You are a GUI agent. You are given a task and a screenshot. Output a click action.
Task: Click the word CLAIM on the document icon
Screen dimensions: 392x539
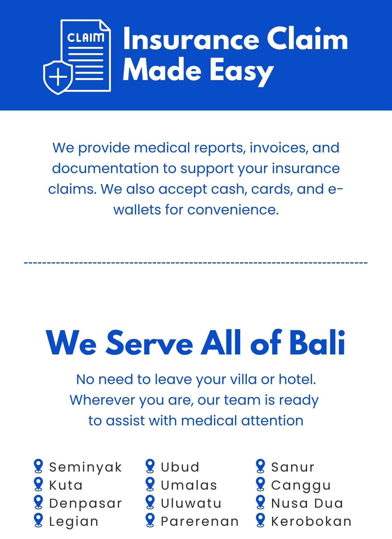tap(85, 38)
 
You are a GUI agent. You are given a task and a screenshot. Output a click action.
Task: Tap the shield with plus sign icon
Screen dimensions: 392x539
tap(58, 77)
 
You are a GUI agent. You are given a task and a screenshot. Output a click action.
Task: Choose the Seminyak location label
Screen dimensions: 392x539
tap(86, 467)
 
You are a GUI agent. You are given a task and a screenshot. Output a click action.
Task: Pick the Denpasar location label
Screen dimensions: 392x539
tap(86, 504)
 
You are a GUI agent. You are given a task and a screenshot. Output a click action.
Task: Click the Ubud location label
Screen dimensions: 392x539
tap(180, 467)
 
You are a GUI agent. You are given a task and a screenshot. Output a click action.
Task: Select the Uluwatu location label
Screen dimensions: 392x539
tap(191, 503)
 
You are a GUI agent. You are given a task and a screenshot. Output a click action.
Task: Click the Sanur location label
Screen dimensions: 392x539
tap(293, 467)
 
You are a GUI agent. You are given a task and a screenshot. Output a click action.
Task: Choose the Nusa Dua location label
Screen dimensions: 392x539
tap(307, 503)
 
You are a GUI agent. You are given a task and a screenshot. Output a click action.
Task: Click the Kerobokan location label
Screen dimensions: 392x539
tap(311, 521)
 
